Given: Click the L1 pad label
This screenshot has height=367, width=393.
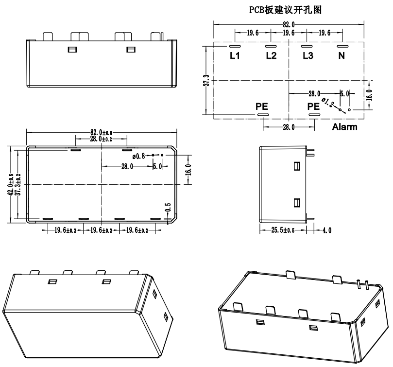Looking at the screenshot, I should pyautogui.click(x=235, y=56).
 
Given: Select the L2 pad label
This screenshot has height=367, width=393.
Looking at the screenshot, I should pyautogui.click(x=271, y=56).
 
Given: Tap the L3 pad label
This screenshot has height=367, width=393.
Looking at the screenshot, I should pyautogui.click(x=308, y=56).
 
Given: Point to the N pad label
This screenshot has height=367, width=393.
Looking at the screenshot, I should pyautogui.click(x=342, y=56).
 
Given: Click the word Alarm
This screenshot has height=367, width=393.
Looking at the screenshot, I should pyautogui.click(x=344, y=127).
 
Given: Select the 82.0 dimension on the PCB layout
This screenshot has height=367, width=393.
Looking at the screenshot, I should pyautogui.click(x=289, y=24).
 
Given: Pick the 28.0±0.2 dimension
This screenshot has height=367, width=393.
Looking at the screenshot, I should pyautogui.click(x=101, y=140).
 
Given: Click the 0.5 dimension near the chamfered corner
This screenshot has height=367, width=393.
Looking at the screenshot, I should pyautogui.click(x=168, y=208).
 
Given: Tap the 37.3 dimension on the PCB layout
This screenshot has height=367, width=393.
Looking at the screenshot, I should pyautogui.click(x=206, y=81).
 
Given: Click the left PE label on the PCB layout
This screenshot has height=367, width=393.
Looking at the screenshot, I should pyautogui.click(x=262, y=106).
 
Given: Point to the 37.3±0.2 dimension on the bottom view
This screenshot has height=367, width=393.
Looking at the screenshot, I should pyautogui.click(x=18, y=185).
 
